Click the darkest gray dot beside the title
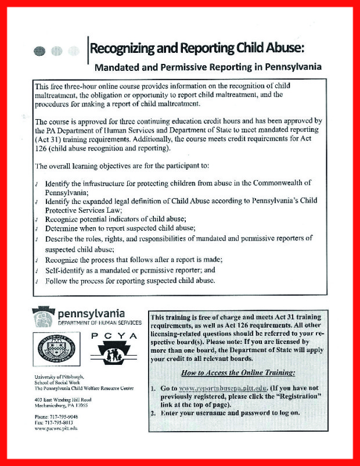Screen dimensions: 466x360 (x=39, y=51)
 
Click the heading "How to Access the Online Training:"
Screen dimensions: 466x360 (x=237, y=371)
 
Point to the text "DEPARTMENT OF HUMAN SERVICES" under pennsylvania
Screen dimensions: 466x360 (x=100, y=322)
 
